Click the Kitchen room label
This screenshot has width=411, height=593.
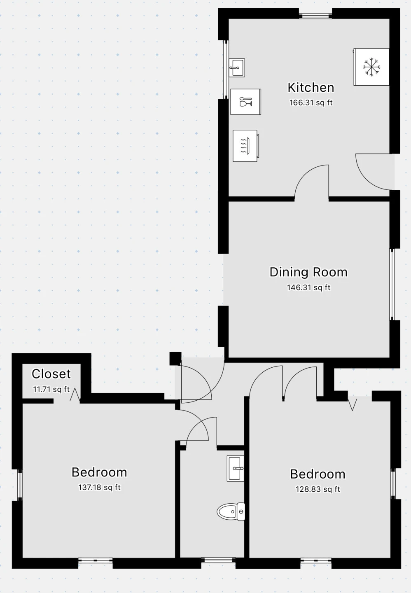click(x=311, y=88)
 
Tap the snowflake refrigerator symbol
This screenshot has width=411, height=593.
click(x=371, y=67)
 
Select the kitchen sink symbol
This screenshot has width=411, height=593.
click(x=237, y=68)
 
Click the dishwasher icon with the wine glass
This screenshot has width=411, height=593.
click(x=245, y=102)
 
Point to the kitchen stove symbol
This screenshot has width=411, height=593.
click(x=245, y=146)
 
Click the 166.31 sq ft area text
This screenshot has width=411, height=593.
click(x=311, y=103)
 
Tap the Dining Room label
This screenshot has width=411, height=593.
click(x=308, y=272)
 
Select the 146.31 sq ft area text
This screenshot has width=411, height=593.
click(x=308, y=287)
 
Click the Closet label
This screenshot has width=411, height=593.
click(x=51, y=374)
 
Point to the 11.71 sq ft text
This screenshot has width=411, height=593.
click(x=51, y=389)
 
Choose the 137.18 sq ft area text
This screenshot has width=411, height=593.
click(x=99, y=487)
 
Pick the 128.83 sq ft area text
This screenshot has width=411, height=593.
click(x=318, y=489)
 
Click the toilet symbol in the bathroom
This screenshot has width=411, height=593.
click(x=231, y=511)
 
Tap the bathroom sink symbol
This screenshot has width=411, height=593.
click(x=236, y=468)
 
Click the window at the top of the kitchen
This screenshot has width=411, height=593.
click(x=315, y=16)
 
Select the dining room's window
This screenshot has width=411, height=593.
click(x=392, y=284)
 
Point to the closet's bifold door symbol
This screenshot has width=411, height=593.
click(x=75, y=395)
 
